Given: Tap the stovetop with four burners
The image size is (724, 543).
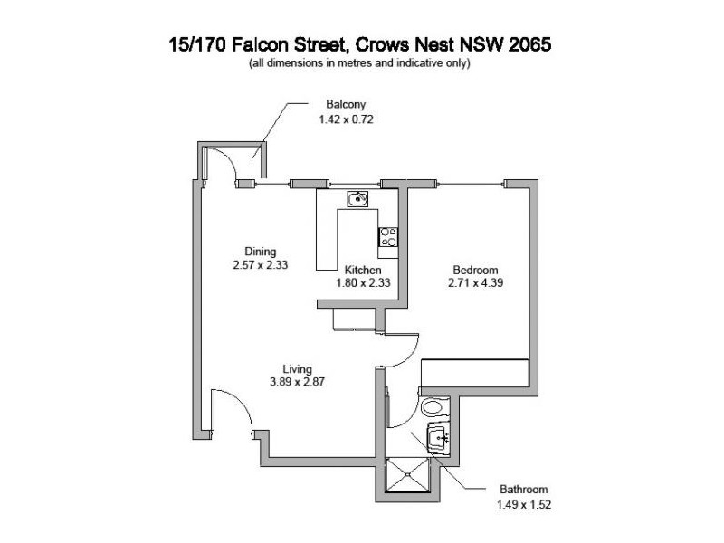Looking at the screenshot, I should tap(387, 237).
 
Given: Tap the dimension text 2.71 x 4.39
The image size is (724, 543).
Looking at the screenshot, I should tap(474, 282).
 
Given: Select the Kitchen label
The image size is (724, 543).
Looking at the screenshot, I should tap(363, 270).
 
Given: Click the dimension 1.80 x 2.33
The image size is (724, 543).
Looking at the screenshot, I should tap(367, 282).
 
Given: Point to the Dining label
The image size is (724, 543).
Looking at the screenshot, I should tap(260, 252).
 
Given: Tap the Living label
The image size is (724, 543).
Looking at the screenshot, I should tap(297, 369).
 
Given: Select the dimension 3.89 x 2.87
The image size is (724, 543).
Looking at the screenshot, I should tap(297, 382).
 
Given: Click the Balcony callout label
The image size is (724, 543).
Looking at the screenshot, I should tap(333, 105).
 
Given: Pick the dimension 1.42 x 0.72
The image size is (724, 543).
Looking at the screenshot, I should tap(333, 119).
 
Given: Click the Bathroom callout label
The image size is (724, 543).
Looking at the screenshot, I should tap(519, 490).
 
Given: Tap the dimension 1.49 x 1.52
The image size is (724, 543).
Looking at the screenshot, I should tap(519, 503).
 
